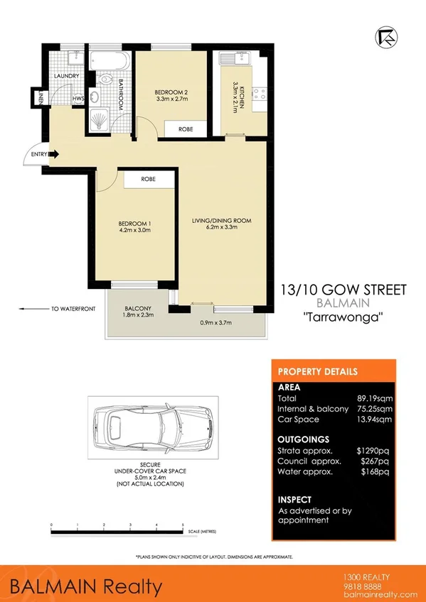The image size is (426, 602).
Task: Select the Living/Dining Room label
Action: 222,225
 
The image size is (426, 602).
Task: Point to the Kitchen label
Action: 240,94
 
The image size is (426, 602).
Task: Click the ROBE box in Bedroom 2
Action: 186,128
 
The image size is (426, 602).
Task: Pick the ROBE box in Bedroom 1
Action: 149,180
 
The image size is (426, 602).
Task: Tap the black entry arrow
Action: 53,155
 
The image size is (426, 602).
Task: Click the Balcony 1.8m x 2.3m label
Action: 138,313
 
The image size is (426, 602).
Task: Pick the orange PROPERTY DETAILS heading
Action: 317,372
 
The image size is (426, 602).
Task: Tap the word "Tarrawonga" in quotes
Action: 344,317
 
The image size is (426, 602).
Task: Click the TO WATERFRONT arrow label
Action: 50,309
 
